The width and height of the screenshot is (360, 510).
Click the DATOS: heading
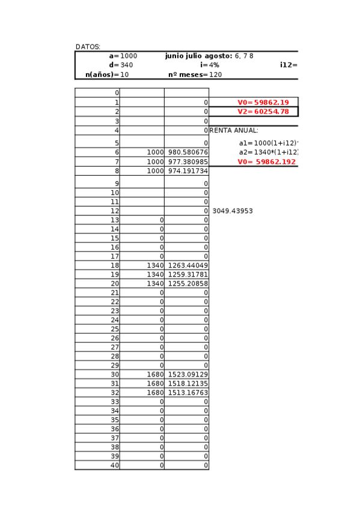click(88, 46)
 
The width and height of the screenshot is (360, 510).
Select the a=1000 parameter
click(123, 56)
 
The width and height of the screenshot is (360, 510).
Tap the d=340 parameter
click(121, 65)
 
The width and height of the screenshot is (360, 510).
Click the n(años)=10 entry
click(107, 75)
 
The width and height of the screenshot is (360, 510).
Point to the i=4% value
click(210, 65)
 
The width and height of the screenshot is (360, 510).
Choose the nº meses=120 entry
click(195, 75)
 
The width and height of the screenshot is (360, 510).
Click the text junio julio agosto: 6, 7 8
click(209, 56)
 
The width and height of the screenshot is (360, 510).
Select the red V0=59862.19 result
click(263, 102)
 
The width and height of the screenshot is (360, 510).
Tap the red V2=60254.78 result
click(263, 111)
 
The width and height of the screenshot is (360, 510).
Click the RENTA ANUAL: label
click(234, 130)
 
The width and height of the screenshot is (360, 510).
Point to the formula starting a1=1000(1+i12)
click(269, 143)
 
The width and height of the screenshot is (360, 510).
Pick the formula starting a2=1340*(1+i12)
click(269, 152)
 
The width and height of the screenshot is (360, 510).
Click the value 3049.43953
click(233, 211)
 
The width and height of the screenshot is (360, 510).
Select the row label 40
click(115, 465)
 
